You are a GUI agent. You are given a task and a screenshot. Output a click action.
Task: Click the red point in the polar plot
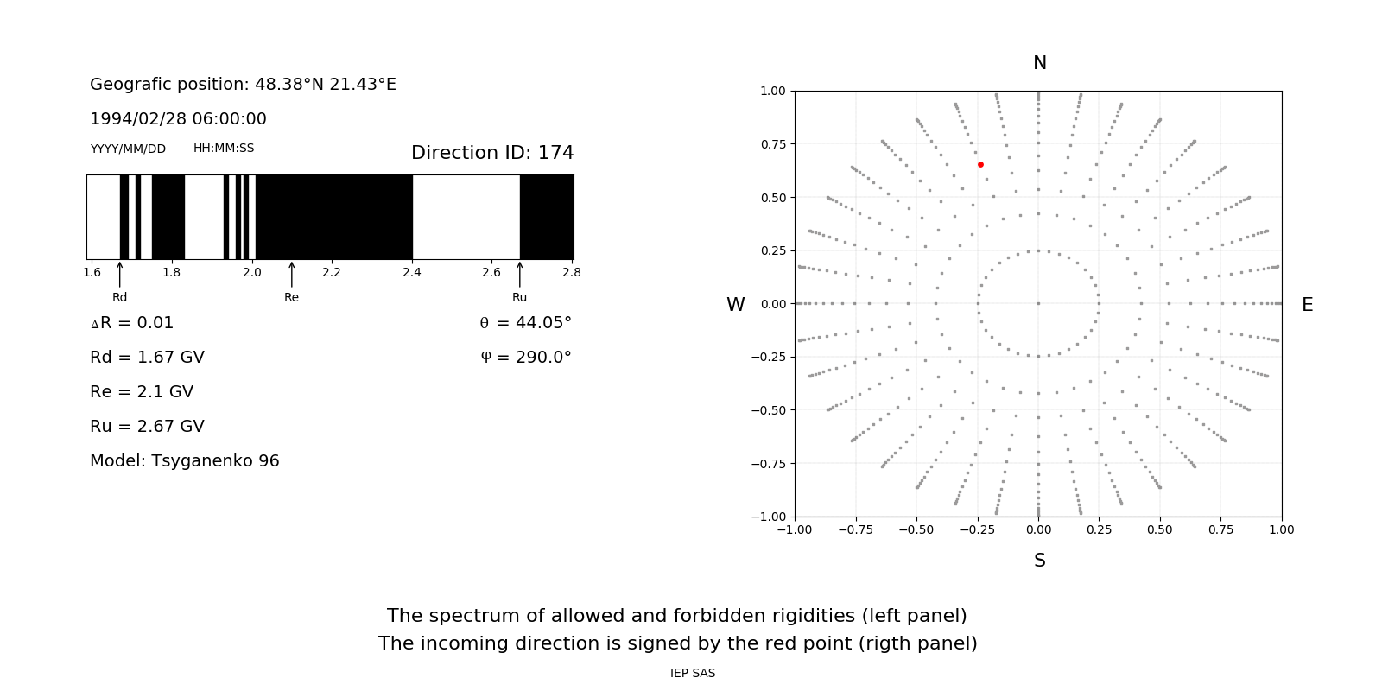[x=980, y=164]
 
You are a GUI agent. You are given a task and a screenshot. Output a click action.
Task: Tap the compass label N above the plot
[x=1040, y=63]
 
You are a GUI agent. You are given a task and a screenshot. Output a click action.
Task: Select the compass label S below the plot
[x=1040, y=561]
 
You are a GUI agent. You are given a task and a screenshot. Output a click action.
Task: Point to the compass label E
[x=1307, y=305]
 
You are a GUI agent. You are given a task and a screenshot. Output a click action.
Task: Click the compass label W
[x=735, y=305]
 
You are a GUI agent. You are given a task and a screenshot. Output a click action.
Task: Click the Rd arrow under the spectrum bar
[x=120, y=275]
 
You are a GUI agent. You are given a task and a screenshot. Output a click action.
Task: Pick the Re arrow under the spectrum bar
[x=292, y=275]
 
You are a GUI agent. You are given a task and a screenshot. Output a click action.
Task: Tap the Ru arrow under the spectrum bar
[x=520, y=275]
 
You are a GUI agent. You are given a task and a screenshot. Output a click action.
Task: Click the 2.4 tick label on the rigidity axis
[x=411, y=272]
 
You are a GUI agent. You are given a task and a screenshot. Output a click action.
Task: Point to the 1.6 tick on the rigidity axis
[x=92, y=272]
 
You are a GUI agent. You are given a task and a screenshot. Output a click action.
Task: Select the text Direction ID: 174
[x=492, y=153]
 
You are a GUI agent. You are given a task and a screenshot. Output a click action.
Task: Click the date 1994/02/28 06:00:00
[x=178, y=118]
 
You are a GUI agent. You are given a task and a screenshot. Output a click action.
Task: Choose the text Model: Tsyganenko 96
[x=185, y=461]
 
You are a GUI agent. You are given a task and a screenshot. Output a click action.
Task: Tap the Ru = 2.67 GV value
[x=147, y=427]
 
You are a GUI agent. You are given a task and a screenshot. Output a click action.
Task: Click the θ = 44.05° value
[x=525, y=323]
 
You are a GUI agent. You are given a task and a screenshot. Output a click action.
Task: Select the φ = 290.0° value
[x=526, y=358]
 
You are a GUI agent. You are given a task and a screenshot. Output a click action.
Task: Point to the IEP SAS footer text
[x=693, y=673]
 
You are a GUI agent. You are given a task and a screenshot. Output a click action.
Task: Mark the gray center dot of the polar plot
[x=1038, y=303]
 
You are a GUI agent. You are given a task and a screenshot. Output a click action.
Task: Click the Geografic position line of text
[x=243, y=85]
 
